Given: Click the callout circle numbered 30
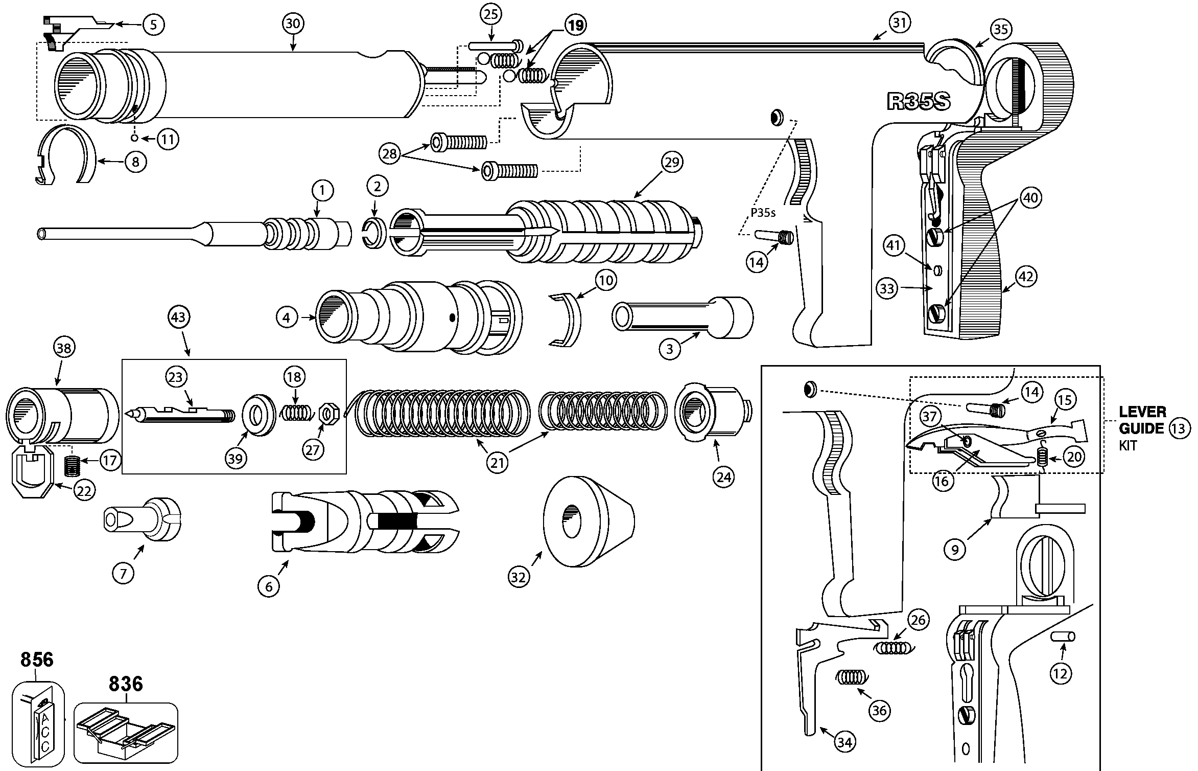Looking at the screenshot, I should [x=292, y=24].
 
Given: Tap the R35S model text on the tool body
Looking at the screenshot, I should [x=919, y=102].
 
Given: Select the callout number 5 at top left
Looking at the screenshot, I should [x=154, y=24].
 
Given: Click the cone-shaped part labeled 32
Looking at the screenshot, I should [x=588, y=521].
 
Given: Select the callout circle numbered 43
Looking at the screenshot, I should [x=178, y=318].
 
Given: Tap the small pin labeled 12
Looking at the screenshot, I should [x=1063, y=637].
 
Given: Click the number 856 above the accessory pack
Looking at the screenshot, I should [x=37, y=660].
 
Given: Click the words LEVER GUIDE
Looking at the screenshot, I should [x=1142, y=420].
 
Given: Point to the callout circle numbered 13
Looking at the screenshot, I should [x=1178, y=428].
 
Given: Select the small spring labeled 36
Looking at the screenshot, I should [x=850, y=677].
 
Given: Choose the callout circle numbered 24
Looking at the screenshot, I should [x=723, y=477].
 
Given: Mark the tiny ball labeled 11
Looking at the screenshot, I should [x=134, y=138].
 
